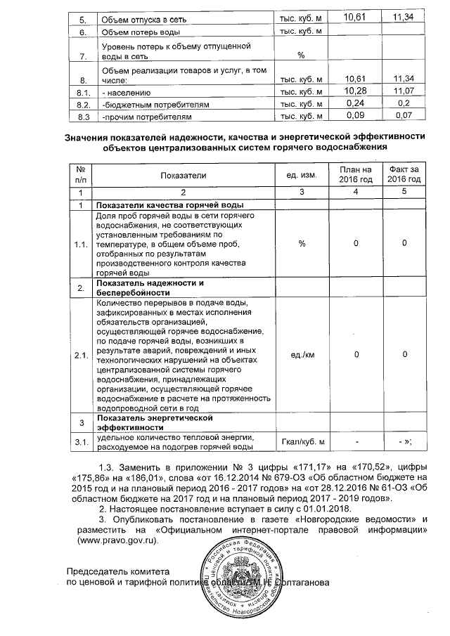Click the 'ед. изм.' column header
pyautogui.click(x=301, y=174)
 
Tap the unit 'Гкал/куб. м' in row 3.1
pyautogui.click(x=301, y=441)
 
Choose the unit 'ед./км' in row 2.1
pyautogui.click(x=301, y=355)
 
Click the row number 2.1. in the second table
pyautogui.click(x=82, y=355)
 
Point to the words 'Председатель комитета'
pyautogui.click(x=118, y=571)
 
